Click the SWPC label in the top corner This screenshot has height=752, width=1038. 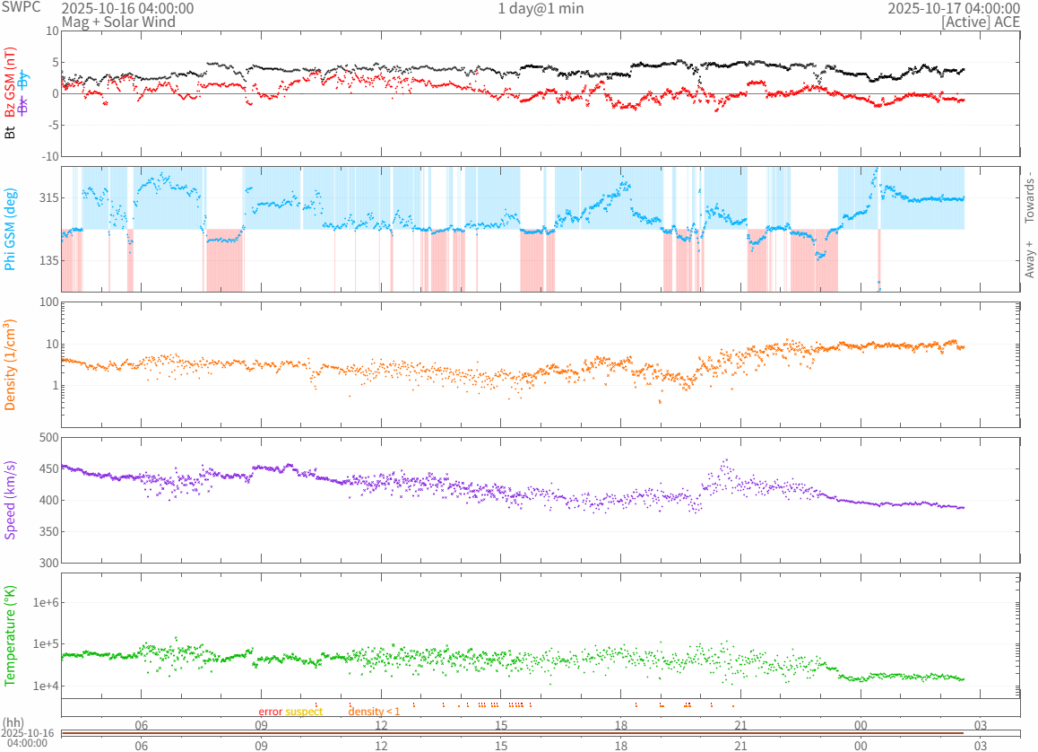coord(21,7)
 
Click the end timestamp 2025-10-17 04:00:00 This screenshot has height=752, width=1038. coord(954,9)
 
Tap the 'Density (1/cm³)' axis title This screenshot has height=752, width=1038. coord(11,365)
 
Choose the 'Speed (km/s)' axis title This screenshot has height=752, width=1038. coord(11,500)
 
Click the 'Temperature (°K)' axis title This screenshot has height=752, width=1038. coord(11,634)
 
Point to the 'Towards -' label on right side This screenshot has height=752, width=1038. coord(1029,197)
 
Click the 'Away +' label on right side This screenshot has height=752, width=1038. coord(1029,258)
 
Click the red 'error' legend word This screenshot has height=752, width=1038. coord(271,712)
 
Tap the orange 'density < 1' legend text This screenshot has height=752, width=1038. coord(374,712)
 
